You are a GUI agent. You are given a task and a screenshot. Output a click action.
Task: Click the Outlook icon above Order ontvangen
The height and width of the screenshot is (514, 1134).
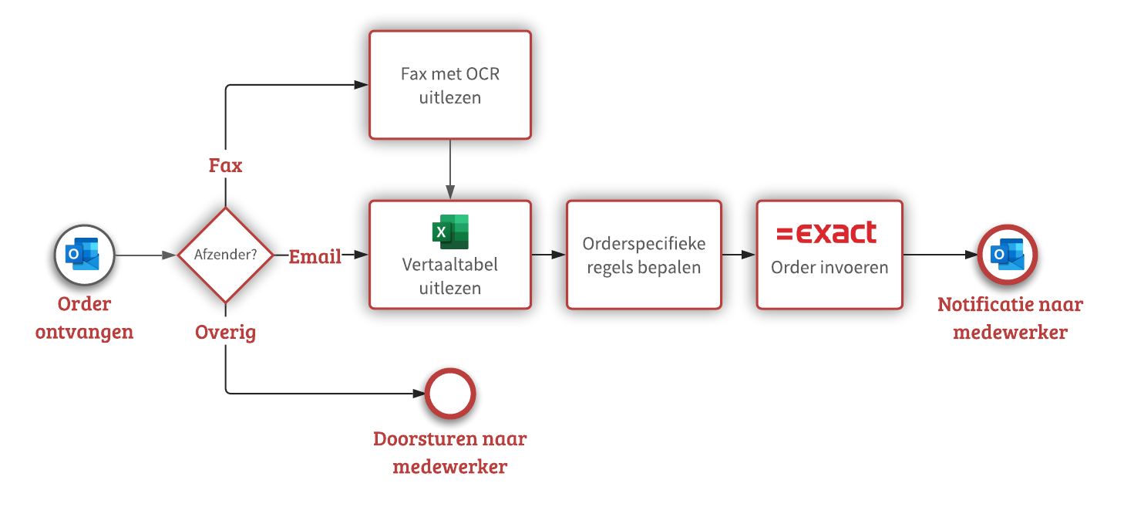click(84, 255)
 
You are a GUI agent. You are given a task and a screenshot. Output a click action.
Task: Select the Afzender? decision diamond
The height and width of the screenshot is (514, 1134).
click(225, 255)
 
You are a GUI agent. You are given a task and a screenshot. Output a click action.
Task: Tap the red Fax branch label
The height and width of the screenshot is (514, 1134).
click(225, 166)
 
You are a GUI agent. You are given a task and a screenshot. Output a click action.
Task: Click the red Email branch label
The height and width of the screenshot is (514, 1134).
click(315, 257)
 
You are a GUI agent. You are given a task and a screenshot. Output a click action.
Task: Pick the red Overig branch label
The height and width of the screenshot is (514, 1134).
click(225, 333)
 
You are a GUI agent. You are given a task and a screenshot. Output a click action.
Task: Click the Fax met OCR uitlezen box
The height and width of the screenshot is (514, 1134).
click(450, 85)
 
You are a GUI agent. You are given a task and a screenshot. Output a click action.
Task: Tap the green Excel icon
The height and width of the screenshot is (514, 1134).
click(450, 231)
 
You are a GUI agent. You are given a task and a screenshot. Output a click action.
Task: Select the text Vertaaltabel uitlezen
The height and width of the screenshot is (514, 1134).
click(450, 276)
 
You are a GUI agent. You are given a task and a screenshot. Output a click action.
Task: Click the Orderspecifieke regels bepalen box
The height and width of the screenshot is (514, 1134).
click(644, 255)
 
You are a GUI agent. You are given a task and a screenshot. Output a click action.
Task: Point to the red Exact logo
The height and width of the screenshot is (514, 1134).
click(826, 232)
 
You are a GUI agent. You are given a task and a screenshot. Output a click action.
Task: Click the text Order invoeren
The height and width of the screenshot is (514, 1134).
click(829, 268)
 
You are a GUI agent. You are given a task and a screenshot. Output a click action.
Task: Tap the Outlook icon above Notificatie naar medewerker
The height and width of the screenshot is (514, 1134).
click(1008, 255)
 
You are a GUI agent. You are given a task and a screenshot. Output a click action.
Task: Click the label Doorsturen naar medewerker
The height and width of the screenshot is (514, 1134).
click(450, 453)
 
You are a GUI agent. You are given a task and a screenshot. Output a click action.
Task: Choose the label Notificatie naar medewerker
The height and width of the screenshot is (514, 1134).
click(1010, 319)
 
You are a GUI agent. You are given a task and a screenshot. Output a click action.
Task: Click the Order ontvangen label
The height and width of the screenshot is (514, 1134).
click(84, 318)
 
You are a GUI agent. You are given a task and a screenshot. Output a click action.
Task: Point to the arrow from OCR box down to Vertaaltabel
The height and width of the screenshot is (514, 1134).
click(450, 170)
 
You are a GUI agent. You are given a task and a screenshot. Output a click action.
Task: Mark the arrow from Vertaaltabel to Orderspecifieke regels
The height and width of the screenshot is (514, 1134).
click(549, 255)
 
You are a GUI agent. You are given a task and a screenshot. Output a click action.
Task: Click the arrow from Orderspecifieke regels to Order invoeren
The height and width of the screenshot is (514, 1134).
click(739, 255)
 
